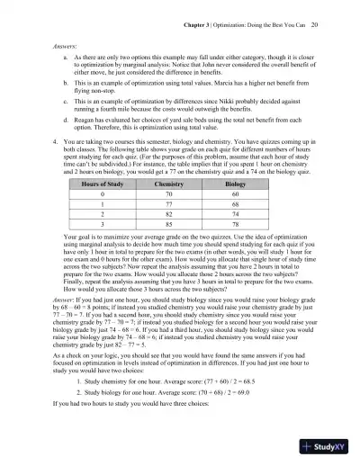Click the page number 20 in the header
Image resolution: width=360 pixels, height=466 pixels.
(328, 16)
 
